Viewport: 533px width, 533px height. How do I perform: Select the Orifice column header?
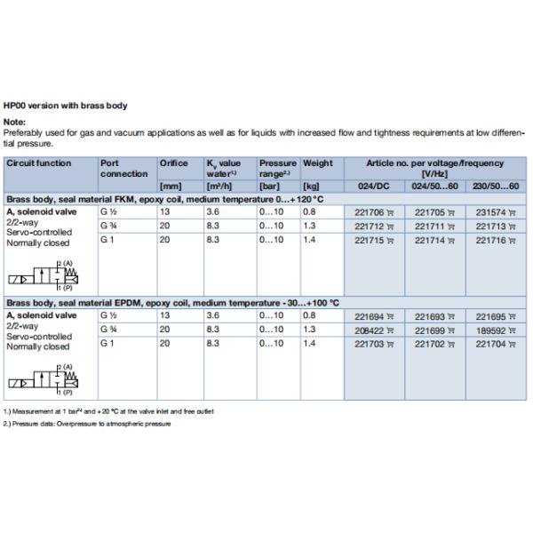click(173, 163)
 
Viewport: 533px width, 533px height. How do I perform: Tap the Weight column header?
click(317, 163)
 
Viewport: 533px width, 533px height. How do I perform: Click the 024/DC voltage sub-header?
click(366, 187)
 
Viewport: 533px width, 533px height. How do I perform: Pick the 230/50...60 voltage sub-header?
click(496, 187)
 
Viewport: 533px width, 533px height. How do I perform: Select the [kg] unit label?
click(312, 187)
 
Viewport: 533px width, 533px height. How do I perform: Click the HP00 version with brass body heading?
click(65, 106)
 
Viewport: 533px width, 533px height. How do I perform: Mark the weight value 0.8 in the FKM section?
click(308, 212)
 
